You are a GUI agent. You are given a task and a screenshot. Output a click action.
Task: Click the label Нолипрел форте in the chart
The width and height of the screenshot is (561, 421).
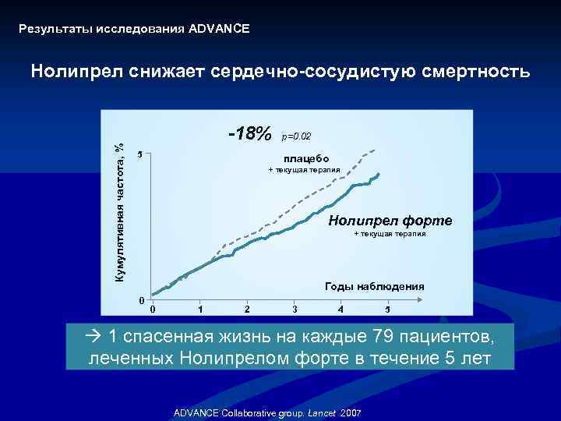click(390, 221)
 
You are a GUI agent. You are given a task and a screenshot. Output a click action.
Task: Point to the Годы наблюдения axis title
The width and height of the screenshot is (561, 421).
click(374, 286)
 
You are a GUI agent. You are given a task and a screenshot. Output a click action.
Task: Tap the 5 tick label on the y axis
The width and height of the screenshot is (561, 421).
click(139, 154)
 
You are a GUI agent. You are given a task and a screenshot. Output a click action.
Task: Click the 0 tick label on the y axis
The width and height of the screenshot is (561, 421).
click(139, 300)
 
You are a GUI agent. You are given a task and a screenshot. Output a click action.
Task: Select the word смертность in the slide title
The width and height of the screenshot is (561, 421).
click(477, 72)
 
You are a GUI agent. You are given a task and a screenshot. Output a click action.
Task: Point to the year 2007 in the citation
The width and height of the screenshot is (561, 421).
click(349, 412)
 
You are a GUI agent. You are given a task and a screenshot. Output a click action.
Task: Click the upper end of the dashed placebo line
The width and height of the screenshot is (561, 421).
click(376, 150)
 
